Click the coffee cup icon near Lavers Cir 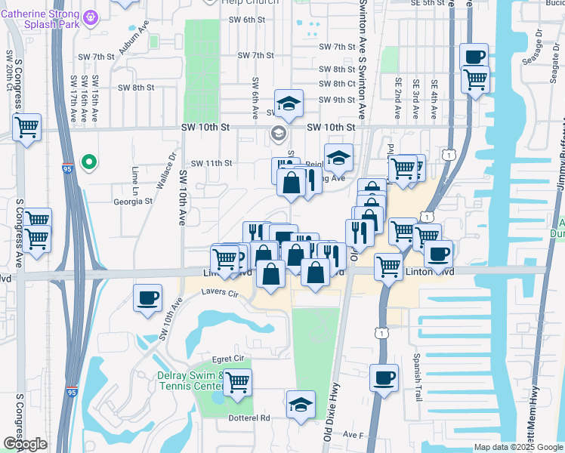[147, 297]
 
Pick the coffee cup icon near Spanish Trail [384, 377]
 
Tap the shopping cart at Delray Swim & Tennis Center [237, 382]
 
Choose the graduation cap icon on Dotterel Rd [301, 404]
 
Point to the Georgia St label [133, 202]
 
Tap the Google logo [25, 444]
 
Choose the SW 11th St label [211, 163]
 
